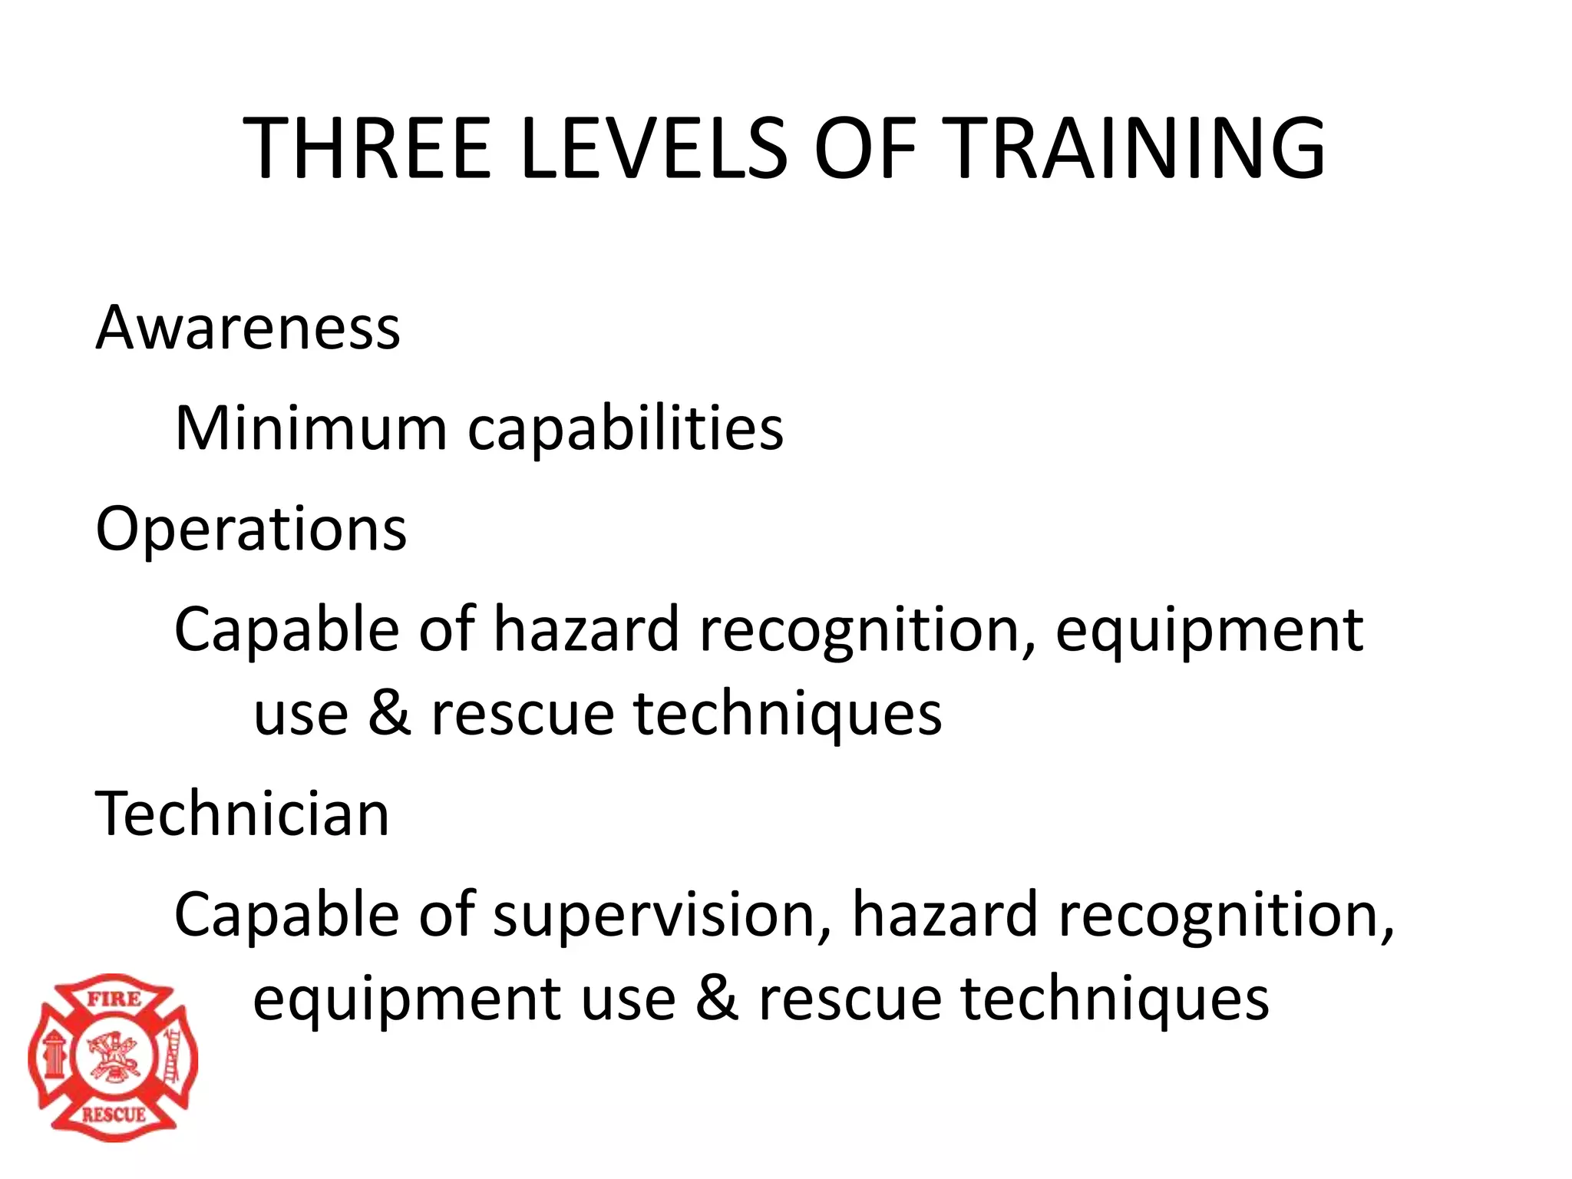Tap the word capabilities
tap(626, 429)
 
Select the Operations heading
tap(251, 529)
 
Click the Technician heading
tap(243, 814)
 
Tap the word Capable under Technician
tap(286, 915)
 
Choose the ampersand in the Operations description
tap(389, 713)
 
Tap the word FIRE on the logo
tap(114, 999)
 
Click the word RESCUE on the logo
tap(114, 1114)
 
